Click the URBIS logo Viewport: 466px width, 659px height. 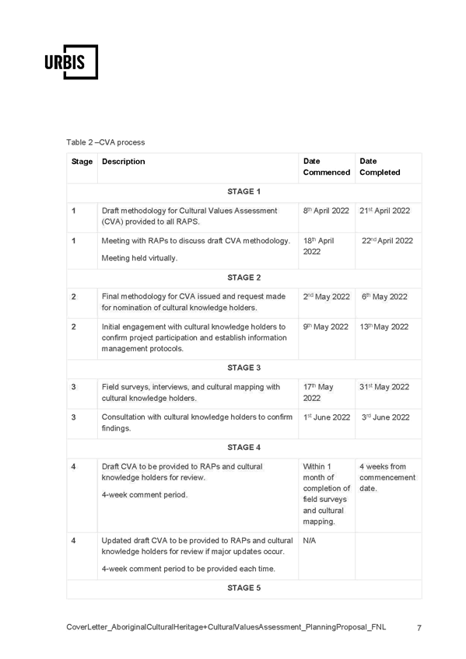click(71, 62)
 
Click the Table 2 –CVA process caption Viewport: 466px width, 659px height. click(106, 142)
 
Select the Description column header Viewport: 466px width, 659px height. click(123, 162)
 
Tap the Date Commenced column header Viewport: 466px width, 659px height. click(327, 166)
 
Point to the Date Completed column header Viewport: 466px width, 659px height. click(380, 166)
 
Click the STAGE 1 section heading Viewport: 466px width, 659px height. click(244, 192)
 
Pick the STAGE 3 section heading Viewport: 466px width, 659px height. click(244, 368)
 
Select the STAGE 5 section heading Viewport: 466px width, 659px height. click(244, 588)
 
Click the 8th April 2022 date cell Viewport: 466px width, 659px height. click(326, 211)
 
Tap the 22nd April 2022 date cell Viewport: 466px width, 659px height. click(387, 241)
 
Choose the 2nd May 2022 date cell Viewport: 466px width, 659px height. click(327, 297)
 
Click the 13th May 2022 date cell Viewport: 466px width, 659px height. click(384, 327)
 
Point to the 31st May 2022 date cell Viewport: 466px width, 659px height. click(384, 387)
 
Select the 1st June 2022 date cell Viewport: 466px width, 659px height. click(327, 417)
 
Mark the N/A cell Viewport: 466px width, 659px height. click(309, 540)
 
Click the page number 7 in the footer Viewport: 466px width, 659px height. click(419, 628)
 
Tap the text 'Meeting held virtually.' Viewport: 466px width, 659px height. click(139, 258)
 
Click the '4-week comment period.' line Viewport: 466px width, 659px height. click(145, 495)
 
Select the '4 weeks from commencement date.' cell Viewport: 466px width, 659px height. click(387, 477)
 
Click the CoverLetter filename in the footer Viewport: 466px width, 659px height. click(226, 627)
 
